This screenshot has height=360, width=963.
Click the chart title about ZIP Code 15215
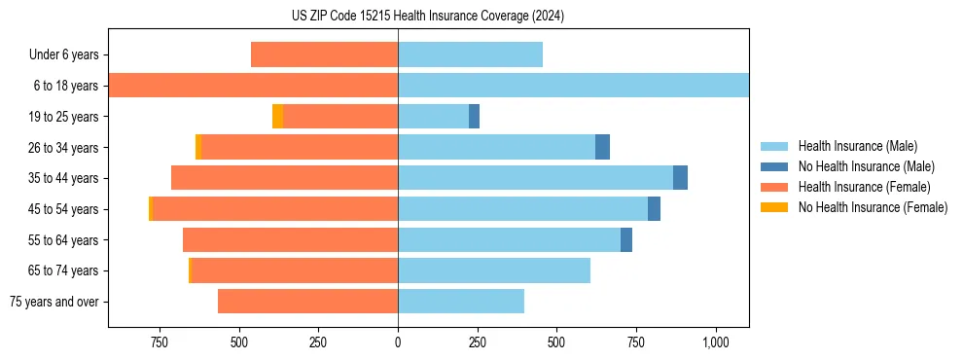coord(481,17)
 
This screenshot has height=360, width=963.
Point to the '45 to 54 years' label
coord(63,209)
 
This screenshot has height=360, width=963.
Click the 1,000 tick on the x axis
coord(716,342)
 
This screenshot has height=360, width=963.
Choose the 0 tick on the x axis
coord(398,342)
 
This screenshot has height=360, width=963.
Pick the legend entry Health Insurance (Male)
coord(857,146)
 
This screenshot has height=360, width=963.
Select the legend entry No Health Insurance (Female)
coord(873,207)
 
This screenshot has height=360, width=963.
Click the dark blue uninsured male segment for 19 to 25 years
coord(474,117)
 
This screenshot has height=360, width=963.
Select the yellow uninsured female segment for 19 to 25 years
coord(277,117)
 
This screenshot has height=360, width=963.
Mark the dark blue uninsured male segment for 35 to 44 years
coord(680,178)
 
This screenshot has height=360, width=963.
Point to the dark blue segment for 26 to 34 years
coord(602,147)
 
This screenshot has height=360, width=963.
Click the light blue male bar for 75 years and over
coord(461,302)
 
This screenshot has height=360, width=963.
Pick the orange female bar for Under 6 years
coord(324,54)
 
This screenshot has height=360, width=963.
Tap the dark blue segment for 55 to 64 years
coord(626,239)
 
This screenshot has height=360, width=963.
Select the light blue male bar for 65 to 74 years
coord(494,270)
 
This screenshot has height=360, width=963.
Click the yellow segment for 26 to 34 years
coord(198,147)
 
